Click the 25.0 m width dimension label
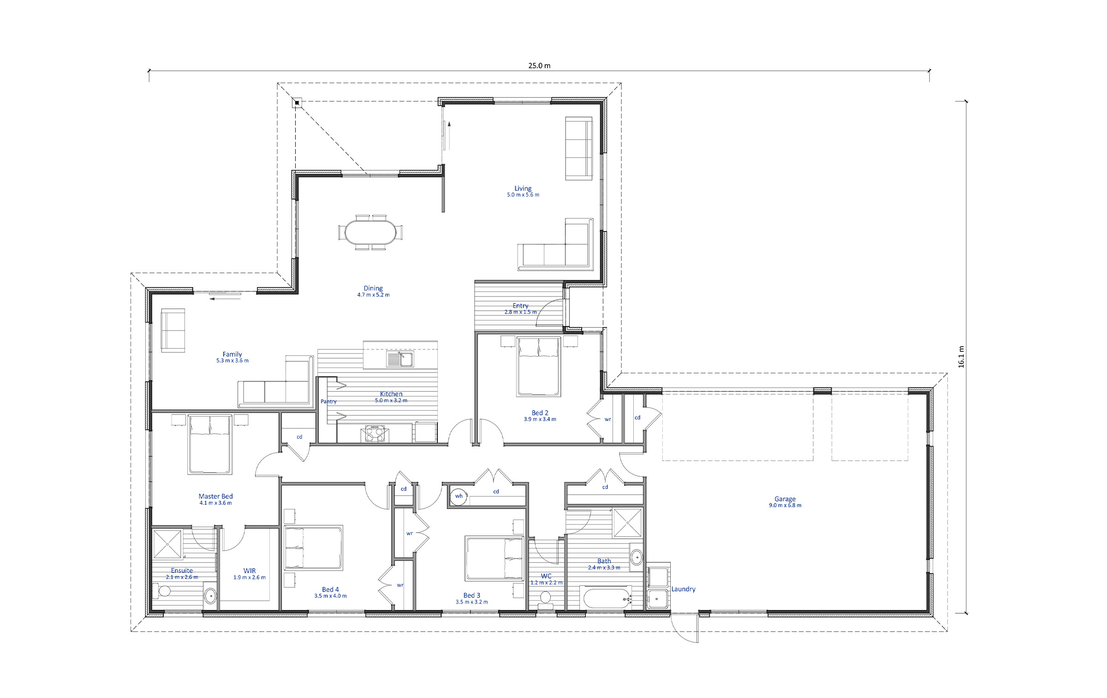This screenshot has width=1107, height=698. [x=539, y=65]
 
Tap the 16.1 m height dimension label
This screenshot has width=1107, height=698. [x=961, y=356]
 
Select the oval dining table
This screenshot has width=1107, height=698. [x=370, y=232]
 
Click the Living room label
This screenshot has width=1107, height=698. [x=523, y=188]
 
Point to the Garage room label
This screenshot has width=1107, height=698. [x=785, y=499]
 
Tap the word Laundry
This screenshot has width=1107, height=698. [x=683, y=589]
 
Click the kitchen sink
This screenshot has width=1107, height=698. [x=400, y=359]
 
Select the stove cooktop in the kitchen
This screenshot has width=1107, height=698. [x=375, y=433]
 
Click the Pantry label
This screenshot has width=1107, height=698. [x=328, y=402]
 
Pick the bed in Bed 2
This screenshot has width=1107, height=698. [x=539, y=366]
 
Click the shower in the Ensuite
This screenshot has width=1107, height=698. [x=167, y=544]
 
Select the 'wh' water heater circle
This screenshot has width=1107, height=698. [x=458, y=497]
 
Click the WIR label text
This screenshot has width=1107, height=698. [x=250, y=571]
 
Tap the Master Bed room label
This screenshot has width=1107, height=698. [x=216, y=496]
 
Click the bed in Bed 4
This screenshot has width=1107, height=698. [x=313, y=548]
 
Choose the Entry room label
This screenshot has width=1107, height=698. [x=521, y=306]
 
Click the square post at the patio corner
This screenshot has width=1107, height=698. [x=297, y=102]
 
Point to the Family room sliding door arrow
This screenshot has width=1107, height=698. [x=225, y=299]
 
